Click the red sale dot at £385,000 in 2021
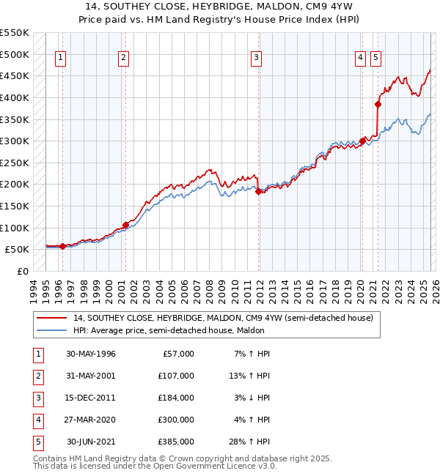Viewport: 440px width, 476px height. click(378, 104)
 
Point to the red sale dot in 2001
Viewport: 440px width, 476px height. click(125, 225)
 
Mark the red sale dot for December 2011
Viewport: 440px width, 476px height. click(258, 191)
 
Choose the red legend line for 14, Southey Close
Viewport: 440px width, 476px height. click(52, 318)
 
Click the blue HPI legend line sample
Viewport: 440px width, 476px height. click(52, 330)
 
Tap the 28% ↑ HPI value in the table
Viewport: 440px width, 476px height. click(252, 442)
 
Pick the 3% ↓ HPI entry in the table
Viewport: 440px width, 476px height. click(252, 398)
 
